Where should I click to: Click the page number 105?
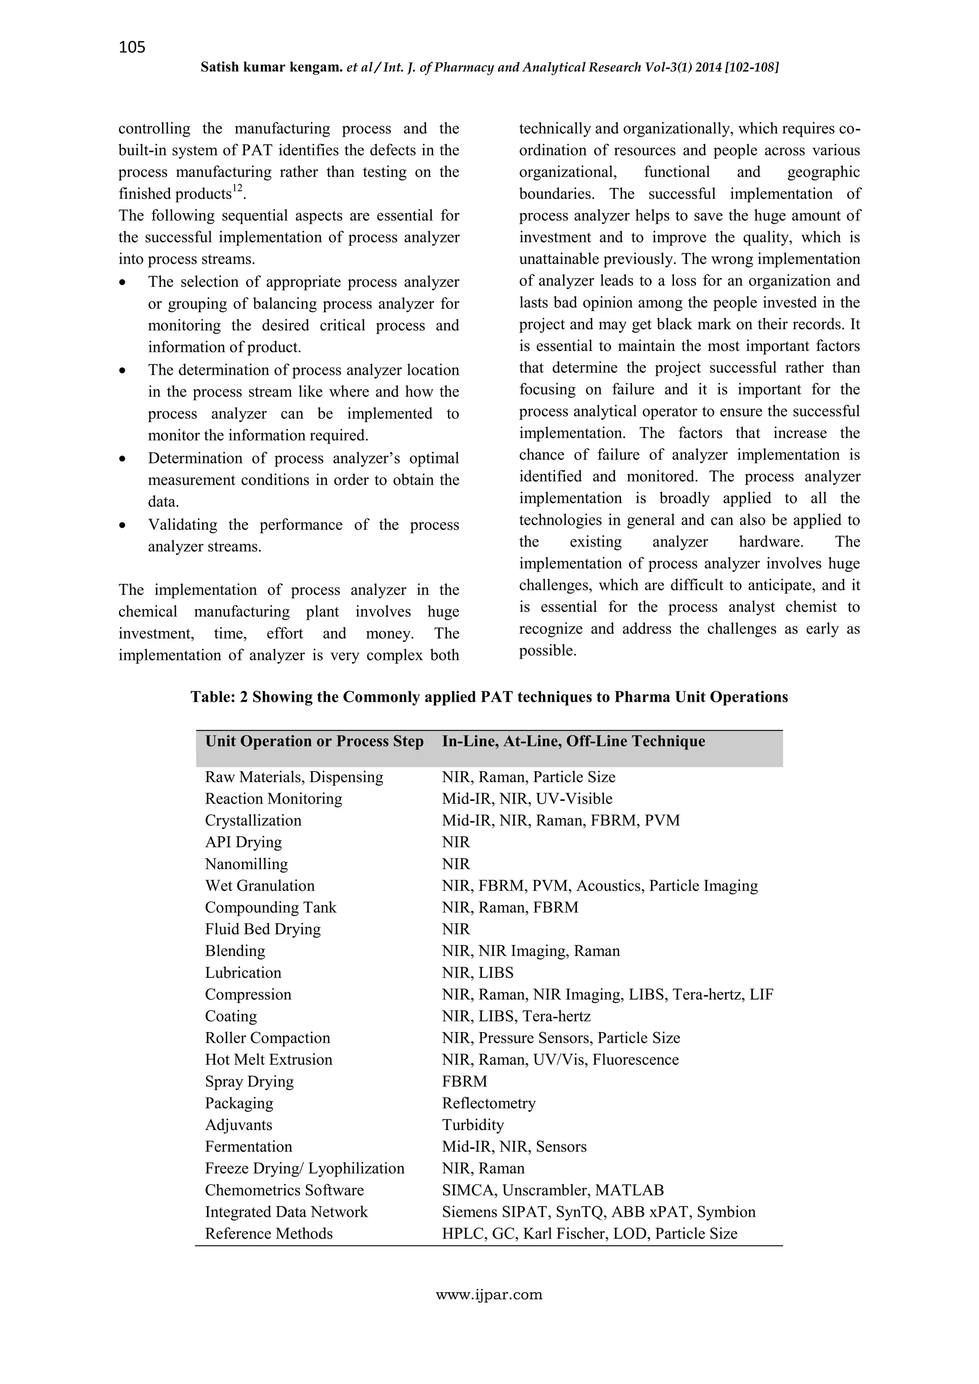coord(132,47)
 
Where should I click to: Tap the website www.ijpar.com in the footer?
coord(489,1294)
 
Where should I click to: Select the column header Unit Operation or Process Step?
coord(314,741)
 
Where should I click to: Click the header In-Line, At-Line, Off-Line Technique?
coord(573,741)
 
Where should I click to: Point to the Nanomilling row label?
coord(246,864)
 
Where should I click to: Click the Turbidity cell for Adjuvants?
coord(473,1125)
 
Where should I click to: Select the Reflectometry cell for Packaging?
coord(488,1103)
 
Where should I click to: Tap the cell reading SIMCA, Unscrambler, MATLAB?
coord(552,1190)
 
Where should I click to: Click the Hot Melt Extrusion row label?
coord(268,1060)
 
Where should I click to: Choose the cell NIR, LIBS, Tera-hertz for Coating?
coord(516,1016)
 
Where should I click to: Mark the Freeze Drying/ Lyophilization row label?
coord(305,1168)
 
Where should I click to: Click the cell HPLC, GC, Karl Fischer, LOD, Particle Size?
coord(589,1233)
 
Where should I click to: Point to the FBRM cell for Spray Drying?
coord(464,1081)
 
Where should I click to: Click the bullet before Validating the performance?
coord(122,525)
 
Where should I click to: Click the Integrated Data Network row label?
coord(286,1211)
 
